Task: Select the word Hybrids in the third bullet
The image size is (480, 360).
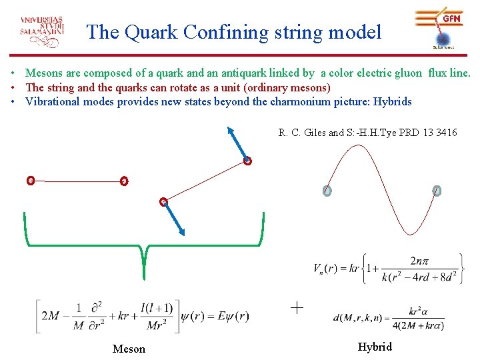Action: click(392, 102)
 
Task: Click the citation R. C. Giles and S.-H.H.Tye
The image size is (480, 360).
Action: click(367, 133)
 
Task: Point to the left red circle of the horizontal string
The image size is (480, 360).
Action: click(30, 180)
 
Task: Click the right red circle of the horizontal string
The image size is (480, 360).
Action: click(123, 181)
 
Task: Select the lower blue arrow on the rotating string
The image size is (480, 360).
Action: click(174, 219)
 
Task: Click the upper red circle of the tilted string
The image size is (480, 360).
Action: click(247, 161)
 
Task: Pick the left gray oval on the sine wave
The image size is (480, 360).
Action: click(327, 191)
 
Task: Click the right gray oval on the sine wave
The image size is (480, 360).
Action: click(437, 191)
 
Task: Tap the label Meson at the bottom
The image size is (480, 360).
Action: click(129, 349)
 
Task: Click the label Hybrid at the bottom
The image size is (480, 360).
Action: click(375, 347)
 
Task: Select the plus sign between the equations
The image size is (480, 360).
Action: click(297, 308)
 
